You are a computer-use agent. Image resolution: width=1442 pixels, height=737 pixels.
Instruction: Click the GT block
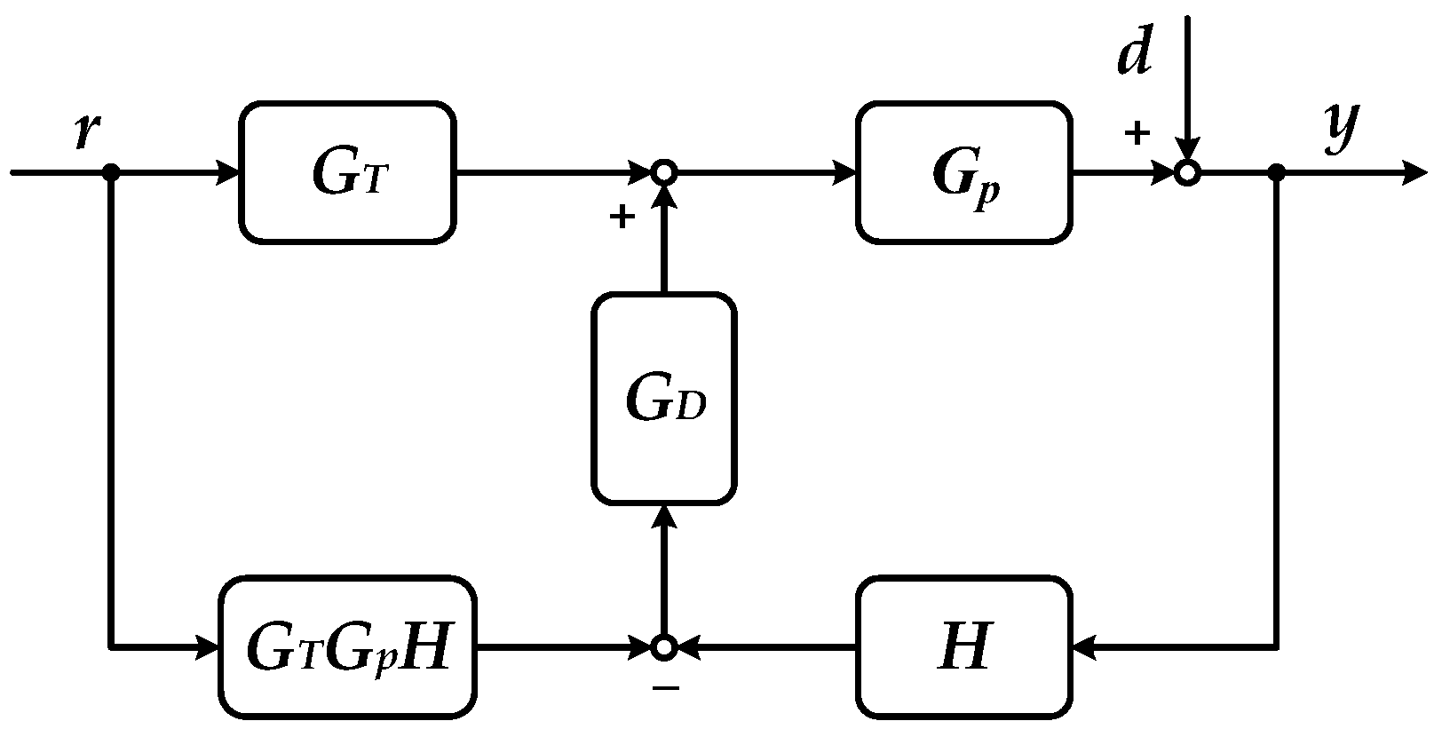pyautogui.click(x=347, y=173)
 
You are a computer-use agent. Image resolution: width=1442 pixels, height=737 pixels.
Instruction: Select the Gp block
pyautogui.click(x=963, y=173)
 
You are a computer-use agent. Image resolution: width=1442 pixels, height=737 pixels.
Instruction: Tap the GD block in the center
pyautogui.click(x=663, y=399)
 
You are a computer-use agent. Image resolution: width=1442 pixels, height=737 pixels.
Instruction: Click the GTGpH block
pyautogui.click(x=347, y=647)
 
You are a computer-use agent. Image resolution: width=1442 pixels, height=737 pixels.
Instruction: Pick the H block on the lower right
pyautogui.click(x=963, y=647)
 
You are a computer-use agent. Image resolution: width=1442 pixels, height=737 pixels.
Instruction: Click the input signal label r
pyautogui.click(x=86, y=131)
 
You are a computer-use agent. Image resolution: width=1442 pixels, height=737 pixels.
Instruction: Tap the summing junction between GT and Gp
pyautogui.click(x=663, y=173)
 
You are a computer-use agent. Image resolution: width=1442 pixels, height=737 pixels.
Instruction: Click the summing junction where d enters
pyautogui.click(x=1187, y=173)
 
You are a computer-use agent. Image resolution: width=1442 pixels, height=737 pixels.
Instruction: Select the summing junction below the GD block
pyautogui.click(x=663, y=647)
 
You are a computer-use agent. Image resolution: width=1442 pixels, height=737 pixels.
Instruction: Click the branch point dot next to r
pyautogui.click(x=111, y=173)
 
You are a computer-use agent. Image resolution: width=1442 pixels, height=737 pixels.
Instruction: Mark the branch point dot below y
pyautogui.click(x=1276, y=173)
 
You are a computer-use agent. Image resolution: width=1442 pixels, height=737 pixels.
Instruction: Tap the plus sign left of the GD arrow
pyautogui.click(x=622, y=218)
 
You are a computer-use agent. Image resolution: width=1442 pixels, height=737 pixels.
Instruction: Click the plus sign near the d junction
pyautogui.click(x=1137, y=134)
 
